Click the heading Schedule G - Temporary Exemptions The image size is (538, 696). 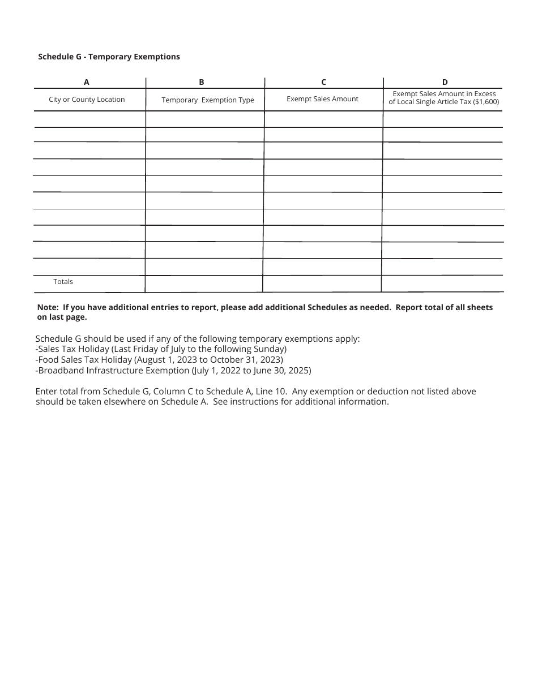tap(109, 57)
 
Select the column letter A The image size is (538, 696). tap(87, 82)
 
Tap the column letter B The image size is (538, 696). tap(202, 82)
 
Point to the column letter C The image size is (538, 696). tap(323, 82)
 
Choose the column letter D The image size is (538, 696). tap(445, 82)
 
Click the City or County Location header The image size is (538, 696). tap(87, 100)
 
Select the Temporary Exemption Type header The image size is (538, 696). tap(208, 100)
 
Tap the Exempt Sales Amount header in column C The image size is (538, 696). tap(322, 99)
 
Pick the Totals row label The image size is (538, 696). tap(63, 282)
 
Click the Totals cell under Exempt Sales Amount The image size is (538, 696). tap(322, 283)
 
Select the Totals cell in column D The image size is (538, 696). tap(442, 283)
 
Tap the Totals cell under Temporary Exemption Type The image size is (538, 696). tap(204, 283)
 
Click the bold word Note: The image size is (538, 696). tap(48, 307)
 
